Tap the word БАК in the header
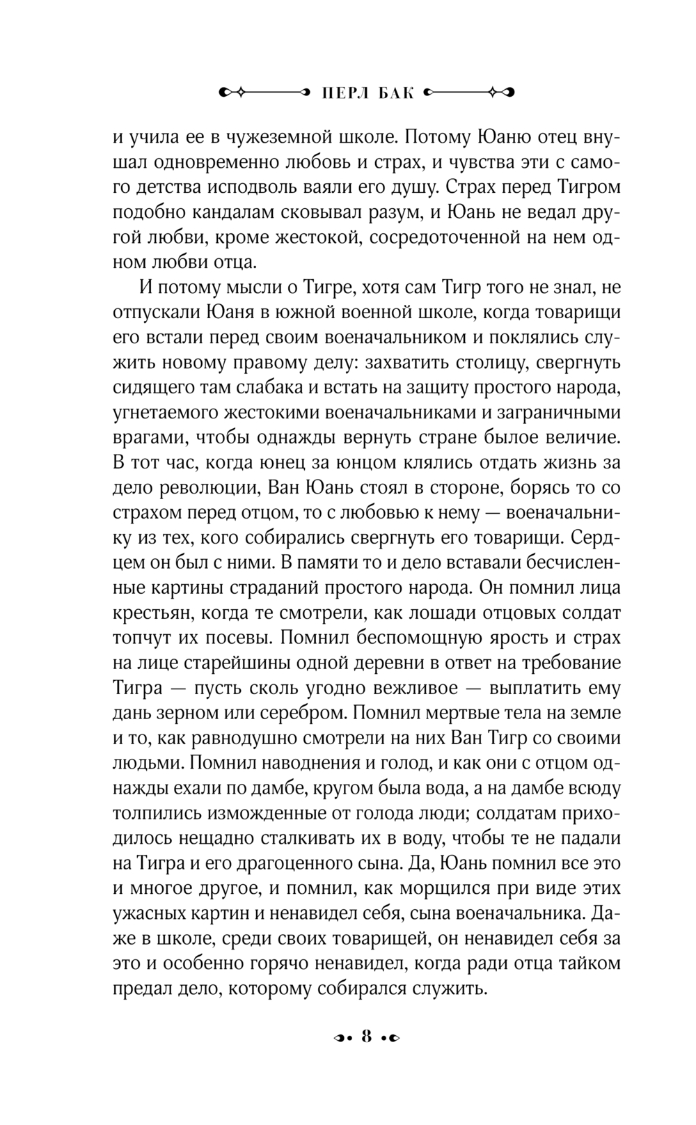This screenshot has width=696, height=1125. click(395, 92)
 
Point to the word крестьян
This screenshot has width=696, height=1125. click(146, 613)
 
